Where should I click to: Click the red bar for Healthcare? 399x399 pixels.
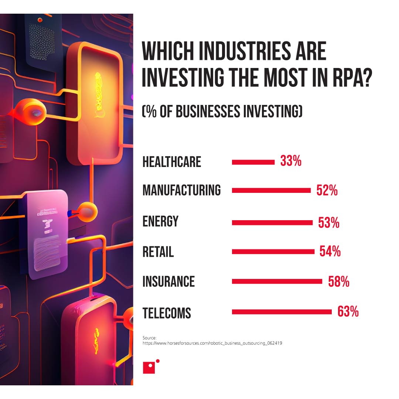pos(253,162)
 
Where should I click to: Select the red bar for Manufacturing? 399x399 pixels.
pos(271,190)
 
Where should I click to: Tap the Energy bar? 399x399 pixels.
pos(272,223)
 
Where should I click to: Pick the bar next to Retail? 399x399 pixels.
pos(273,252)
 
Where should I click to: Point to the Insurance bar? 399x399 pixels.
pos(277,281)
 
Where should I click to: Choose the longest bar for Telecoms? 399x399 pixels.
pos(282,312)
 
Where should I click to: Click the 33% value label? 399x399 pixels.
pos(291,161)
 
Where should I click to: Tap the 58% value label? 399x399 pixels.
pos(339,282)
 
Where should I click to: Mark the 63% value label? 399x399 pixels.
pos(348,312)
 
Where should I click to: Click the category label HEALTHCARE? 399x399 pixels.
pos(172,162)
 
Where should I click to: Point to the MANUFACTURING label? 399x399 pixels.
pos(181,190)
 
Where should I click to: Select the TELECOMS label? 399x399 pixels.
pos(167,313)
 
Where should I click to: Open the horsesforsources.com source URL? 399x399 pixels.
pos(212,343)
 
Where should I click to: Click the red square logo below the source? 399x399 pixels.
pos(149,367)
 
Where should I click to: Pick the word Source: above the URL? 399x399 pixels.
pos(150,338)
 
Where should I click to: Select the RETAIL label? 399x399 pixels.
pos(158,252)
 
